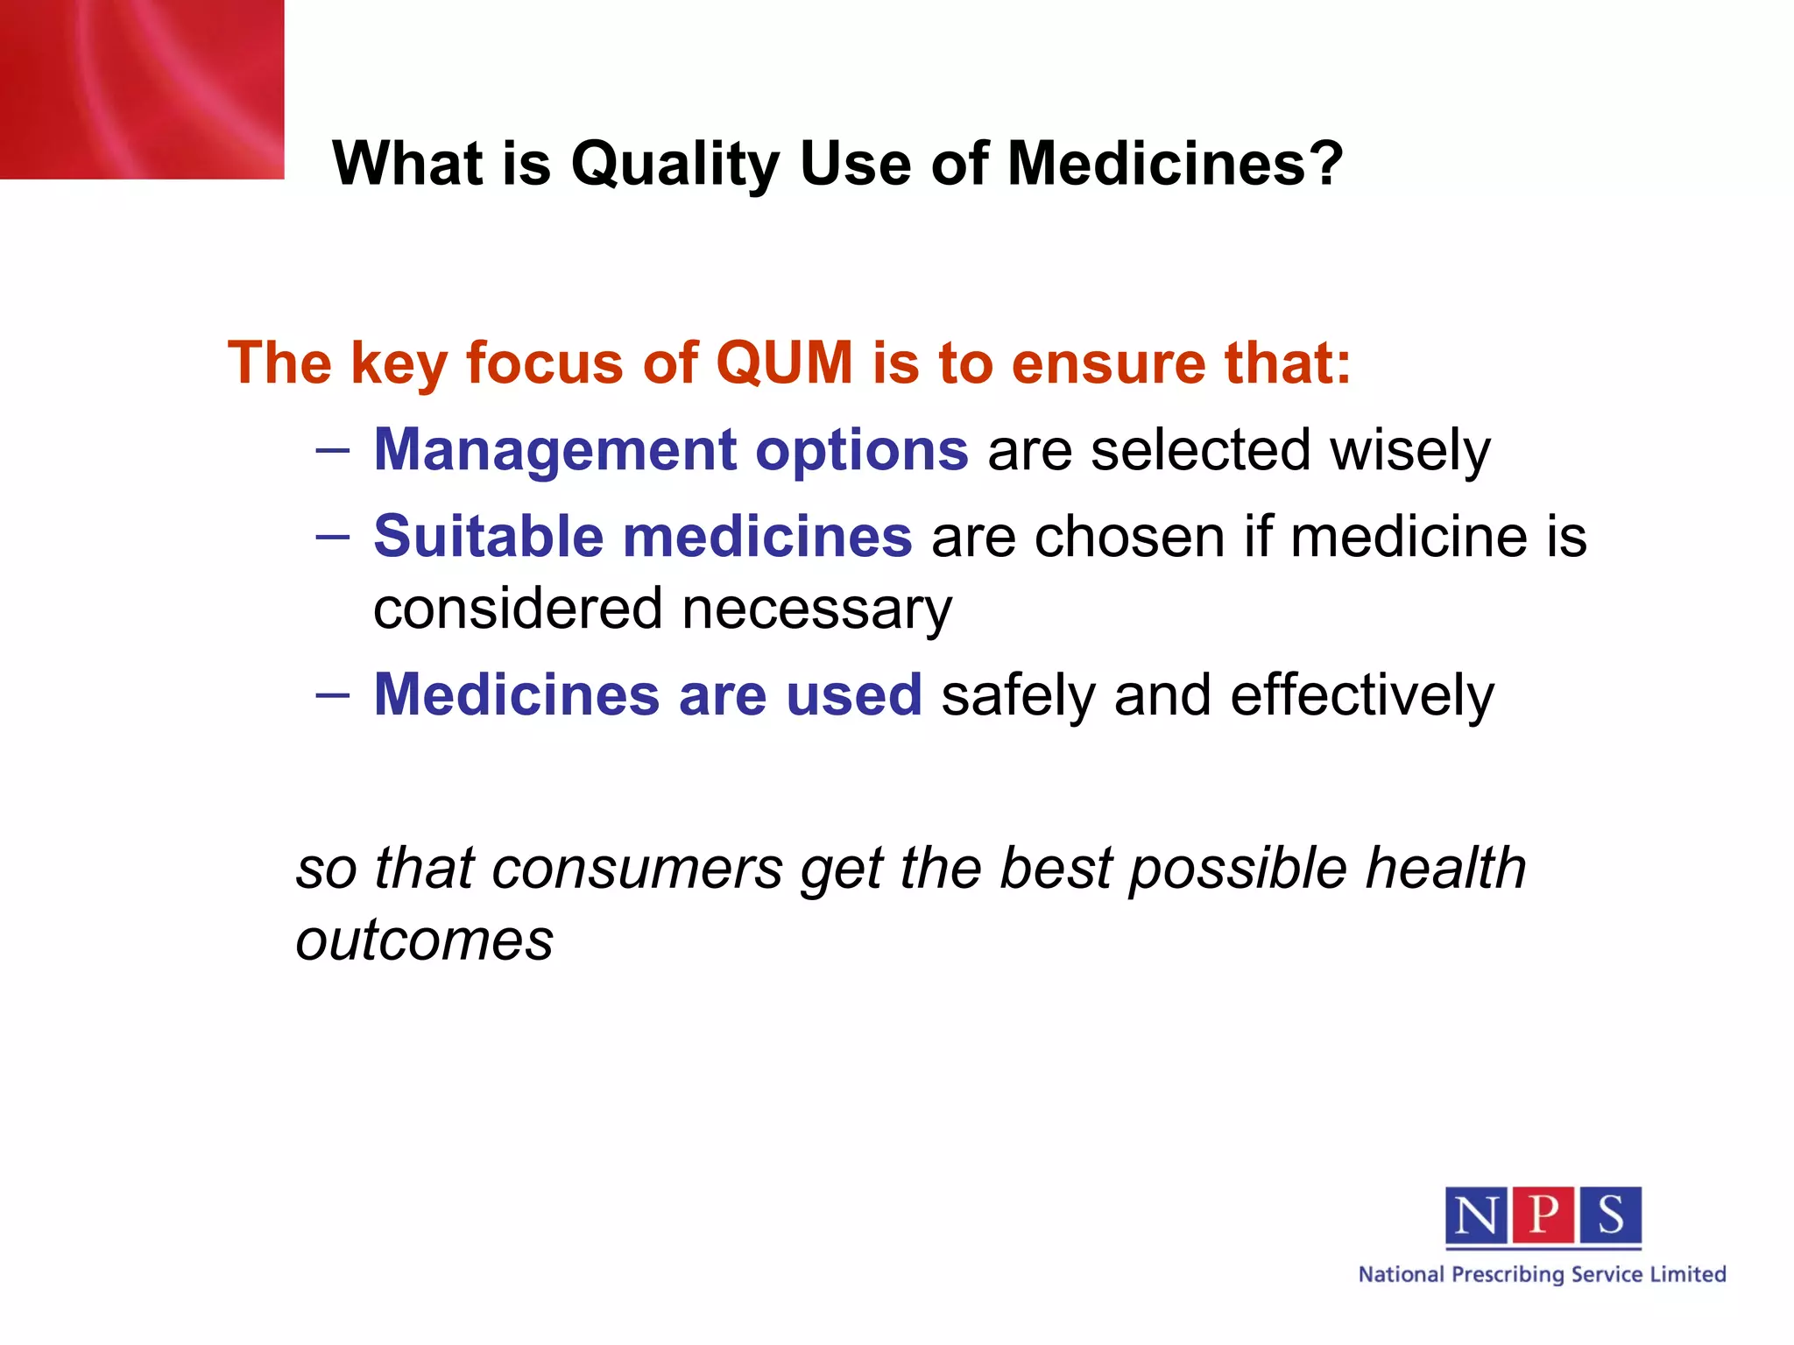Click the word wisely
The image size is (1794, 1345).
pyautogui.click(x=1409, y=452)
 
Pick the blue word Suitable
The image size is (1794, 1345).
pyautogui.click(x=488, y=536)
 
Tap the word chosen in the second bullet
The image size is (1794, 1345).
pyautogui.click(x=1129, y=536)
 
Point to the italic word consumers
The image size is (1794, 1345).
pyautogui.click(x=637, y=869)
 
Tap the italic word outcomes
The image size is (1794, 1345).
pyautogui.click(x=424, y=940)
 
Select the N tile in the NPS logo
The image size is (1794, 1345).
pyautogui.click(x=1476, y=1215)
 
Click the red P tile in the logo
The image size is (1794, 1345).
pyautogui.click(x=1543, y=1215)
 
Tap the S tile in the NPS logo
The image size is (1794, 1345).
pyautogui.click(x=1610, y=1215)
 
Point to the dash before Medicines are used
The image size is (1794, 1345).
pyautogui.click(x=333, y=696)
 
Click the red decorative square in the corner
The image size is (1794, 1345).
pyautogui.click(x=140, y=88)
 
